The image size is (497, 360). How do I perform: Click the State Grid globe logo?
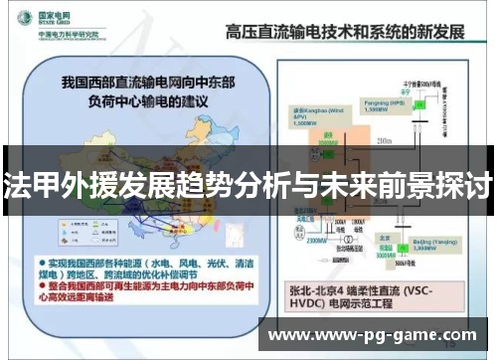[22, 20]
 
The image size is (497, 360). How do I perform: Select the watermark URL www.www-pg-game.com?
[378, 335]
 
